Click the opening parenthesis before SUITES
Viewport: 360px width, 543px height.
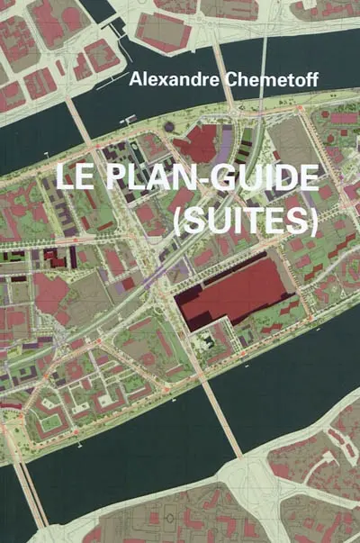coord(176,221)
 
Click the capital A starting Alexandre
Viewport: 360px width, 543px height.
coord(136,79)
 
